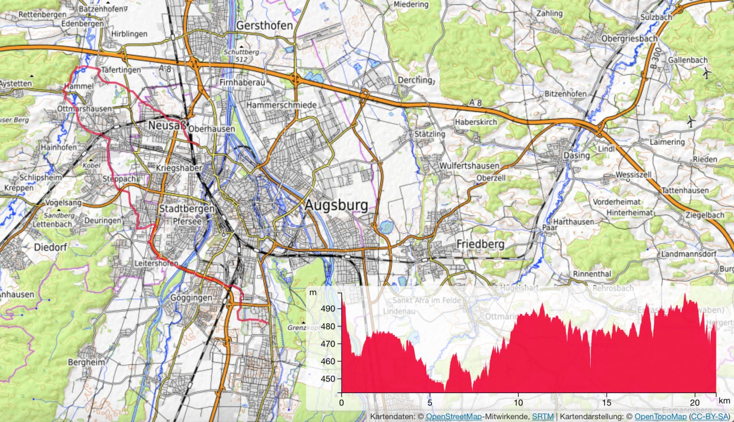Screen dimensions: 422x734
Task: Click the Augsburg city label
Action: pyautogui.click(x=336, y=205)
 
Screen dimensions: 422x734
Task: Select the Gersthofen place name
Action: pyautogui.click(x=264, y=25)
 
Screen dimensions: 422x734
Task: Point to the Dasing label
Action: pyautogui.click(x=576, y=155)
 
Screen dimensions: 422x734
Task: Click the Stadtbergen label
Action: pyautogui.click(x=186, y=209)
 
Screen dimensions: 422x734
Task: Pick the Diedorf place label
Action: pyautogui.click(x=50, y=247)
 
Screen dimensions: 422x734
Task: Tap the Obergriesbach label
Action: pyautogui.click(x=629, y=39)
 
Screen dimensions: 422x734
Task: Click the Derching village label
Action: pyautogui.click(x=415, y=80)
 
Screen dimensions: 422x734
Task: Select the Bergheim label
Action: pyautogui.click(x=86, y=362)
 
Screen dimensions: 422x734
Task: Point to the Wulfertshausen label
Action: pyautogui.click(x=469, y=166)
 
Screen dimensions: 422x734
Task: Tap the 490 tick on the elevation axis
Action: pyautogui.click(x=328, y=309)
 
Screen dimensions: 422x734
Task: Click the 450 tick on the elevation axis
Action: pyautogui.click(x=328, y=379)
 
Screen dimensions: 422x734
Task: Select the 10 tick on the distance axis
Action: pyautogui.click(x=518, y=403)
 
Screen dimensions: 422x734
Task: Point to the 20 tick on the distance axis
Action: pyautogui.click(x=695, y=403)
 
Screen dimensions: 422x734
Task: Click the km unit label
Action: pyautogui.click(x=724, y=401)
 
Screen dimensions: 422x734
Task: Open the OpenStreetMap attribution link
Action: pyautogui.click(x=454, y=417)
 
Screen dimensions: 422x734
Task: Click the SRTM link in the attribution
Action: pyautogui.click(x=543, y=417)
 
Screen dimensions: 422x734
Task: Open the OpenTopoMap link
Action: pyautogui.click(x=661, y=417)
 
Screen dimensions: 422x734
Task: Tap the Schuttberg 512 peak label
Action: pyautogui.click(x=241, y=55)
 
